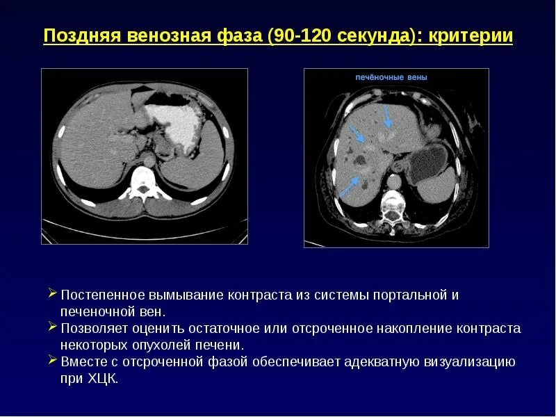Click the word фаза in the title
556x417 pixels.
[237, 36]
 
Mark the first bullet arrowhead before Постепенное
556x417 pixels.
[53, 294]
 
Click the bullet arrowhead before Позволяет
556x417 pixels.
[53, 327]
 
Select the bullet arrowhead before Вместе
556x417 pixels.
[53, 361]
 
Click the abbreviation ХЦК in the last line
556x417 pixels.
[105, 379]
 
